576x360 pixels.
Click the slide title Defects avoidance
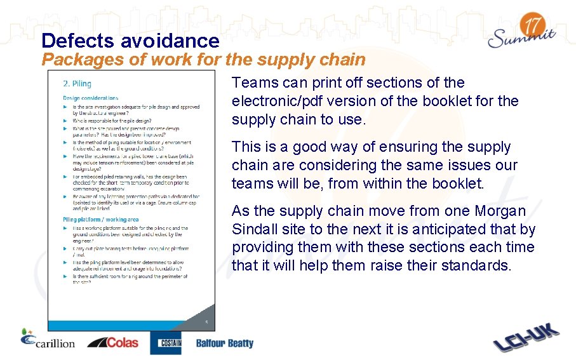point(130,41)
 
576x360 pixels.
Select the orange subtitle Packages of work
point(203,60)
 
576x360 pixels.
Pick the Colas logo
point(112,342)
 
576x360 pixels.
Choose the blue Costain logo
point(165,343)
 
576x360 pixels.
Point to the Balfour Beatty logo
point(224,343)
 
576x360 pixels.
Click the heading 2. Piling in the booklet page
point(77,84)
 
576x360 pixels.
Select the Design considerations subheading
point(90,98)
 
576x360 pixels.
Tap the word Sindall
point(255,229)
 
